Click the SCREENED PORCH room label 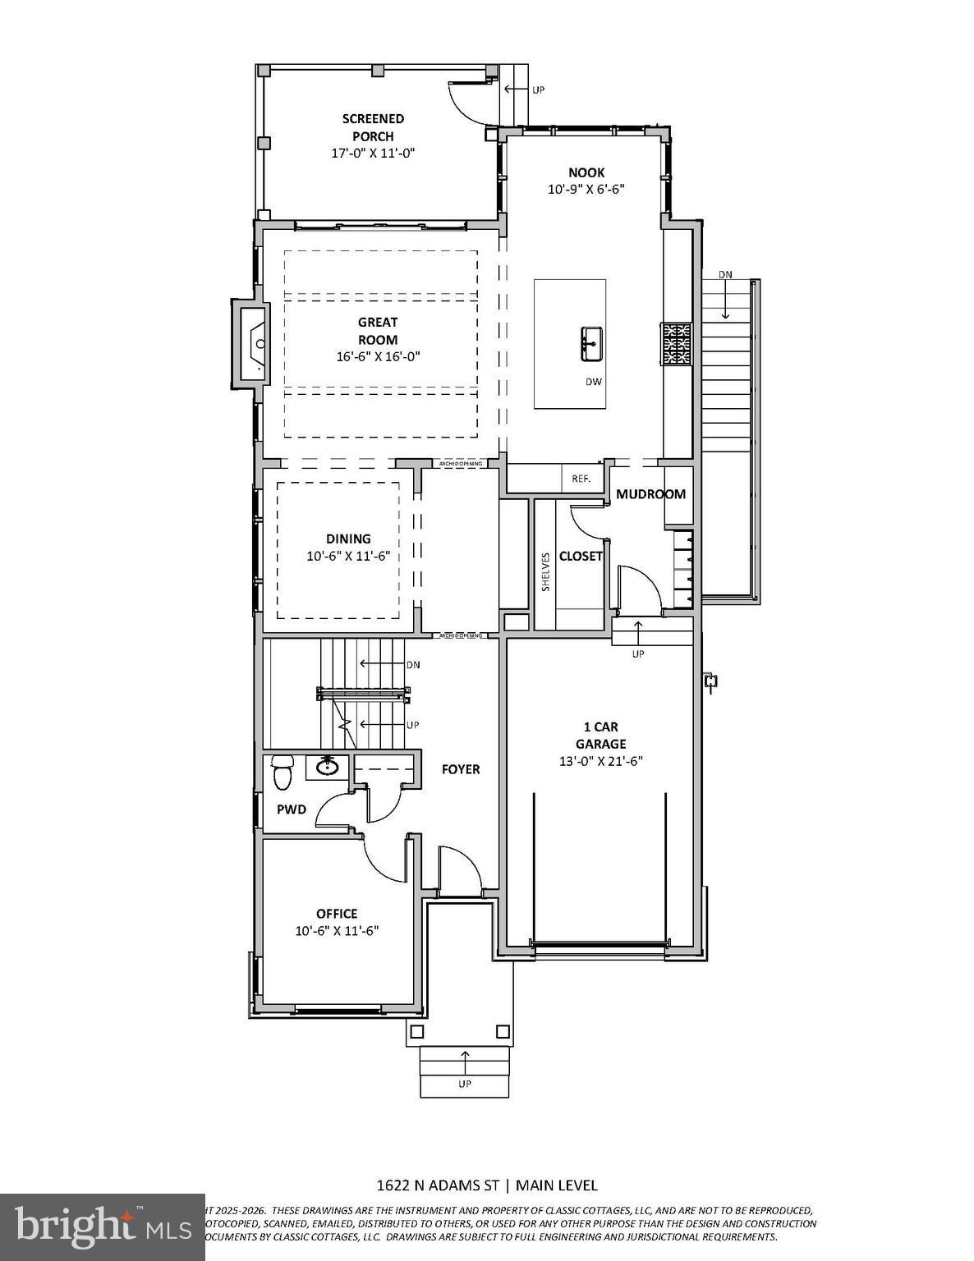click(373, 127)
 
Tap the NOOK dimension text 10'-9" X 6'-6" click(586, 189)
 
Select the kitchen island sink click(590, 342)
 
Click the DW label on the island click(593, 382)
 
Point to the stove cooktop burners click(677, 344)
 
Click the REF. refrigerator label click(581, 478)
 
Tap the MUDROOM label click(650, 494)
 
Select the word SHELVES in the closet click(545, 571)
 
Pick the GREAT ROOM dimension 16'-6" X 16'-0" click(378, 357)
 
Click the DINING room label click(348, 539)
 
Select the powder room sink click(328, 768)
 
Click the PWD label click(291, 809)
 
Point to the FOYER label click(461, 769)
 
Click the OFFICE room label click(337, 914)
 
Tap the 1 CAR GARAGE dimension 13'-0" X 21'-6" click(600, 761)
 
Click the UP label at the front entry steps click(465, 1084)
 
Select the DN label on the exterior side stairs click(726, 274)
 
